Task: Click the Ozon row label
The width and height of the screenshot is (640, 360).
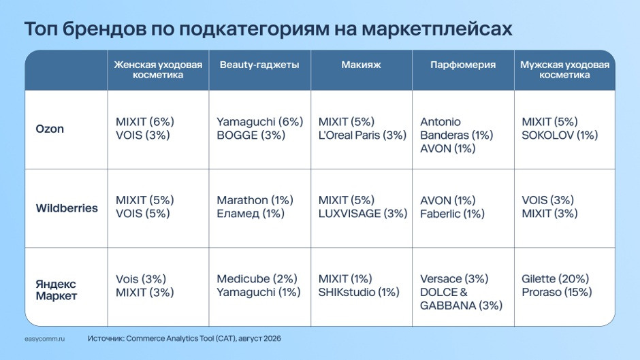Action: [x=50, y=129]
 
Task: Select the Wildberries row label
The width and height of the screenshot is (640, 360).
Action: [x=67, y=208]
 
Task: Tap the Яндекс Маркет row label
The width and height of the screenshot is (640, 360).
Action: [x=57, y=290]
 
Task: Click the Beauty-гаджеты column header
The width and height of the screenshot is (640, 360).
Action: [x=259, y=65]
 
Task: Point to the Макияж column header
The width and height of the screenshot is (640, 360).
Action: [x=362, y=65]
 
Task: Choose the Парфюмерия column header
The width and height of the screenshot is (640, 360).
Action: [x=463, y=65]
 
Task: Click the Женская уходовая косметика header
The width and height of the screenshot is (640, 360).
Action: [x=158, y=70]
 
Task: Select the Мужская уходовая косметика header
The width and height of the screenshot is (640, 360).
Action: [x=564, y=70]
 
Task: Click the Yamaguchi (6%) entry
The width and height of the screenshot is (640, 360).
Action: [x=260, y=122]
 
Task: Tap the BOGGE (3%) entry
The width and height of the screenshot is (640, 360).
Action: [x=251, y=135]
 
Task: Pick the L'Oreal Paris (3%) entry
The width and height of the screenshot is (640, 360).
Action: [x=362, y=135]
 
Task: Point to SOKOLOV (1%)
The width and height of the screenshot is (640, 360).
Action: [x=560, y=135]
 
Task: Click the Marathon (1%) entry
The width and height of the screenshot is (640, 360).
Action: [x=255, y=200]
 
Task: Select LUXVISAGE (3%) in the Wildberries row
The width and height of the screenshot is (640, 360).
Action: [x=363, y=214]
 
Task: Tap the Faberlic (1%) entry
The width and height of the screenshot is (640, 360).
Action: [x=452, y=214]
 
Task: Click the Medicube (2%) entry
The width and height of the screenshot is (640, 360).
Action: [x=257, y=279]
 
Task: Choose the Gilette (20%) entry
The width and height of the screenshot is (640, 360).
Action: [x=555, y=279]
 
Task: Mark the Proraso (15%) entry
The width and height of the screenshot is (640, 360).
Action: [x=557, y=292]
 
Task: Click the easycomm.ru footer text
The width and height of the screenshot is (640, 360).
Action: [x=44, y=339]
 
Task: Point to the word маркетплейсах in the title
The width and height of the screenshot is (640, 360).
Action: [x=436, y=29]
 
